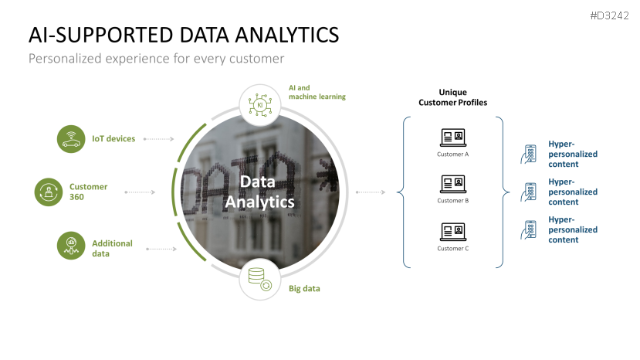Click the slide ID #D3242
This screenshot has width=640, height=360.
pos(609,16)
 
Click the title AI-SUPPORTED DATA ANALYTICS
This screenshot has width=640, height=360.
pos(183,35)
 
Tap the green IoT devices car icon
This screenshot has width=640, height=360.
pos(71,139)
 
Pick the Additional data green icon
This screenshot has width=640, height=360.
pos(71,246)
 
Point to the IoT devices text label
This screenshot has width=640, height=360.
pos(113,139)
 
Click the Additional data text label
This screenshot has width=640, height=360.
pos(112,248)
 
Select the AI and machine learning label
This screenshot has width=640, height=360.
pos(317,92)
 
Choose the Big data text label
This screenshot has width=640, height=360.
pos(304,289)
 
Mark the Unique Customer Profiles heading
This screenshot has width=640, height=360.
pos(452,97)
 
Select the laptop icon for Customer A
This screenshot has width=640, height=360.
pos(452,138)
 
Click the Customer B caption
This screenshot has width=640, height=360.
pos(452,201)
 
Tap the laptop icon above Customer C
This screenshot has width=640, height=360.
pos(452,231)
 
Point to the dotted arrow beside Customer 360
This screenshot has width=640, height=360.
pos(141,192)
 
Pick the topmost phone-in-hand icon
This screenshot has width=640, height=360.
pos(530,154)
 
